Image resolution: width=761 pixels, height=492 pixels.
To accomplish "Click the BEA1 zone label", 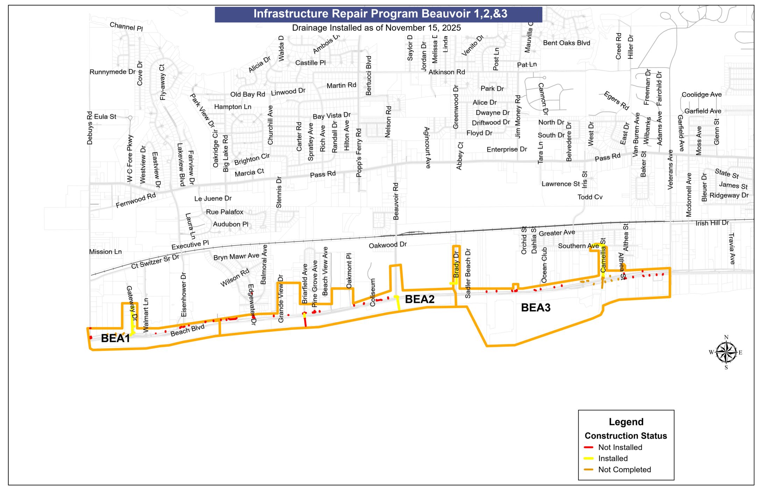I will (x=115, y=338).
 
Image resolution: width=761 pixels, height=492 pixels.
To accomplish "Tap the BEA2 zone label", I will (x=420, y=299).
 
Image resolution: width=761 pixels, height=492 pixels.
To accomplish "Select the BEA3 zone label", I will (x=536, y=307).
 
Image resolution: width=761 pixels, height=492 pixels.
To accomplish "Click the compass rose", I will (x=726, y=352).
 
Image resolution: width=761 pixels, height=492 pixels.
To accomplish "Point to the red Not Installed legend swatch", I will (x=589, y=447).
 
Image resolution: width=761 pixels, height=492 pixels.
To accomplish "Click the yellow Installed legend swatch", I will (x=589, y=458).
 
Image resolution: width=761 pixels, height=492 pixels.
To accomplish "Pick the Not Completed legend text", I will (x=625, y=470).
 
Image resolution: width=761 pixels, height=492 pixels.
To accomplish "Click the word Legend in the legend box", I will (x=626, y=422).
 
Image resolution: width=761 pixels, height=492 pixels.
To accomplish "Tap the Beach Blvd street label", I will (x=187, y=330).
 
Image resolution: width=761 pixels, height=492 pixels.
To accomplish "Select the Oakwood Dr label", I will (x=388, y=245).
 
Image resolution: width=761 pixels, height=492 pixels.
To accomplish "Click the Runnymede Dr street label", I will (x=112, y=72).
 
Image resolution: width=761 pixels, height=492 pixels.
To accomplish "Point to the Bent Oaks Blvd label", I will (x=567, y=43).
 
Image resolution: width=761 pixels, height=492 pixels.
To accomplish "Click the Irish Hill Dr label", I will (x=712, y=223).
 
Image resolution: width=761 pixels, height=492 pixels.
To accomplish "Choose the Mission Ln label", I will (x=105, y=252).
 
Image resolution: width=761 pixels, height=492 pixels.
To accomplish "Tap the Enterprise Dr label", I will (x=507, y=150).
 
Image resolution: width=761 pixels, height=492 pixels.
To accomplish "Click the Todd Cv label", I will (x=590, y=197).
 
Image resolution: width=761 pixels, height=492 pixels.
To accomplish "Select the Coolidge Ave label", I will (x=702, y=95).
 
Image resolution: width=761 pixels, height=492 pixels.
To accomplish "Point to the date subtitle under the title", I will (x=376, y=28).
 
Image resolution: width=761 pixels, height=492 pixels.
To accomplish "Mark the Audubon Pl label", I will (x=230, y=224).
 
